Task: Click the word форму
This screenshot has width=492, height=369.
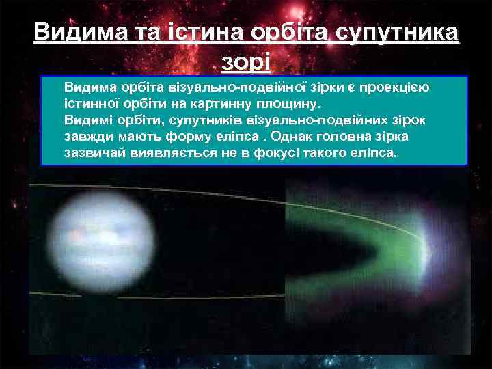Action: [x=200, y=137]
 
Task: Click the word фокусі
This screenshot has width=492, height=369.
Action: [x=273, y=153]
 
